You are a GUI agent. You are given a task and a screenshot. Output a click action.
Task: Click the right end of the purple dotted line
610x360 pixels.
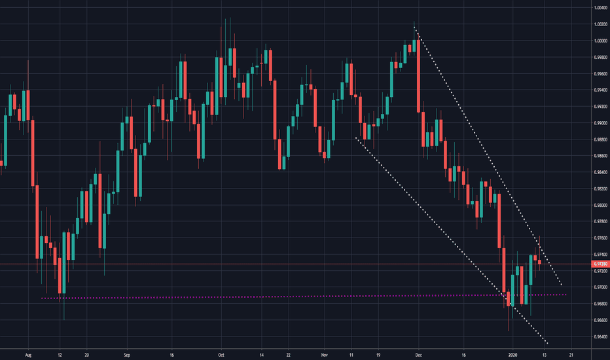566,295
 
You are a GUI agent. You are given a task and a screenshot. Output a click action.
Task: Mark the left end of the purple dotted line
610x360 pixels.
41,298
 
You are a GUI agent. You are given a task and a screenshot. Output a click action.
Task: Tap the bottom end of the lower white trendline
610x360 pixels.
547,344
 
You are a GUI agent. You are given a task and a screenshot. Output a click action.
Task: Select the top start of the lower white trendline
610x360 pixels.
355,137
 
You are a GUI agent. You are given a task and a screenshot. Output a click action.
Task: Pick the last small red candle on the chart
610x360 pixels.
540,262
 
